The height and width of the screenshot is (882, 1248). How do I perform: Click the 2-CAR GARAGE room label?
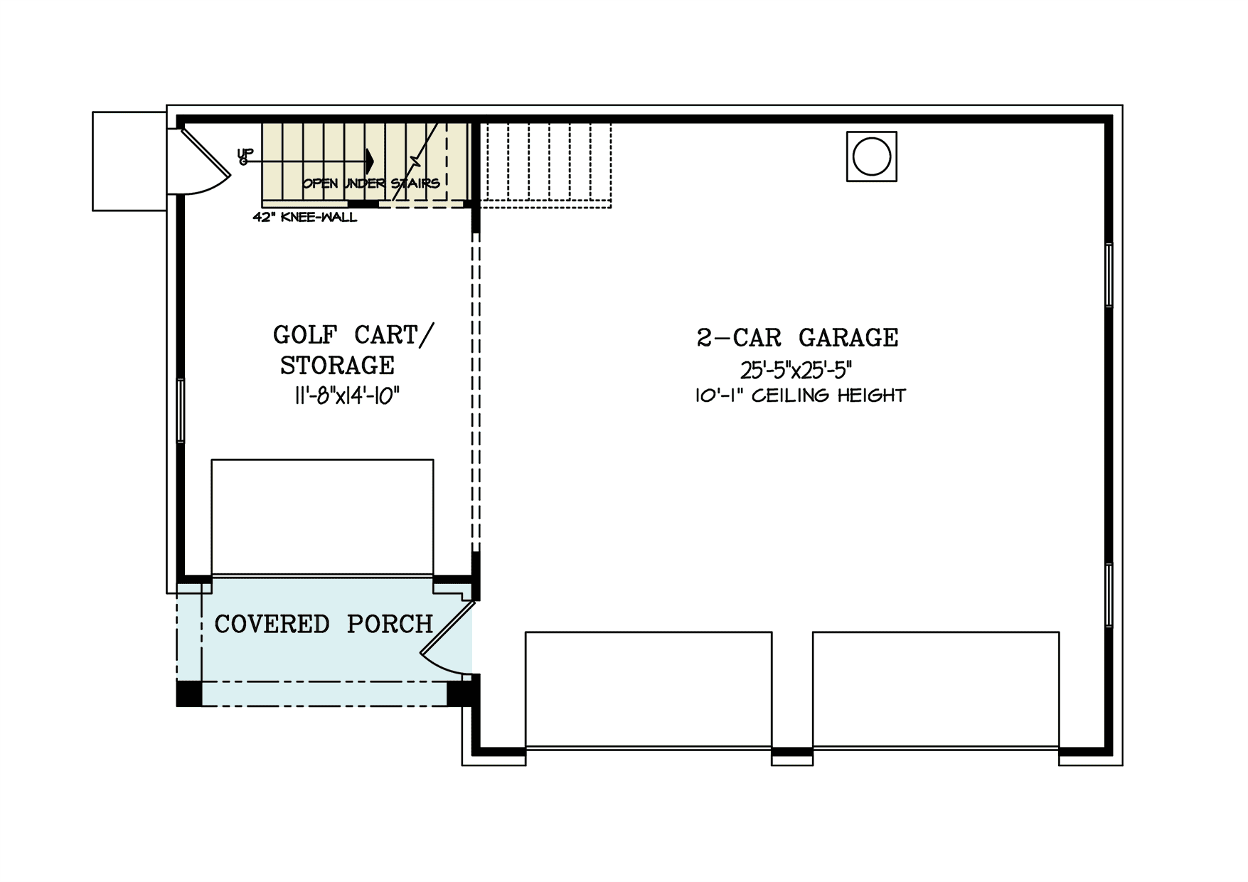(797, 338)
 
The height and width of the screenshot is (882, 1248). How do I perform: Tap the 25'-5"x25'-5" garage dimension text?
(796, 371)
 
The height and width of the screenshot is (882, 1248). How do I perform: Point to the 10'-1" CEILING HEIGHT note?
(800, 396)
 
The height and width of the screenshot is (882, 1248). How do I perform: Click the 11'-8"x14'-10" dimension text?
(346, 396)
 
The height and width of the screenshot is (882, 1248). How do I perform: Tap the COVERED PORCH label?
(324, 625)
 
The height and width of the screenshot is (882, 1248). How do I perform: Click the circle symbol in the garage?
(871, 156)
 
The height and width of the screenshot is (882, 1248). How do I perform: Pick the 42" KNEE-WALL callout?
(305, 218)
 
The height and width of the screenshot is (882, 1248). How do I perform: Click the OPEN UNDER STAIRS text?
(370, 184)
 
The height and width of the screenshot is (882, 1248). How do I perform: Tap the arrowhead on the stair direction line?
(368, 161)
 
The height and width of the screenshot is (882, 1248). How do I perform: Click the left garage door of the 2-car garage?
(648, 689)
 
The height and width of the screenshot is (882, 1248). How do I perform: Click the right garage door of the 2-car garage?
(935, 689)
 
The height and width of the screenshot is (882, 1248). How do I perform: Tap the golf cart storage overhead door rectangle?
(322, 516)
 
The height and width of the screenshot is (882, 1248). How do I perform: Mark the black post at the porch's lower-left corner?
(188, 694)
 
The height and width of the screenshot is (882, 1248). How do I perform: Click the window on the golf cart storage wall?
(181, 410)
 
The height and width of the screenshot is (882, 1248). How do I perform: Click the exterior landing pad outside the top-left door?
(129, 161)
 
